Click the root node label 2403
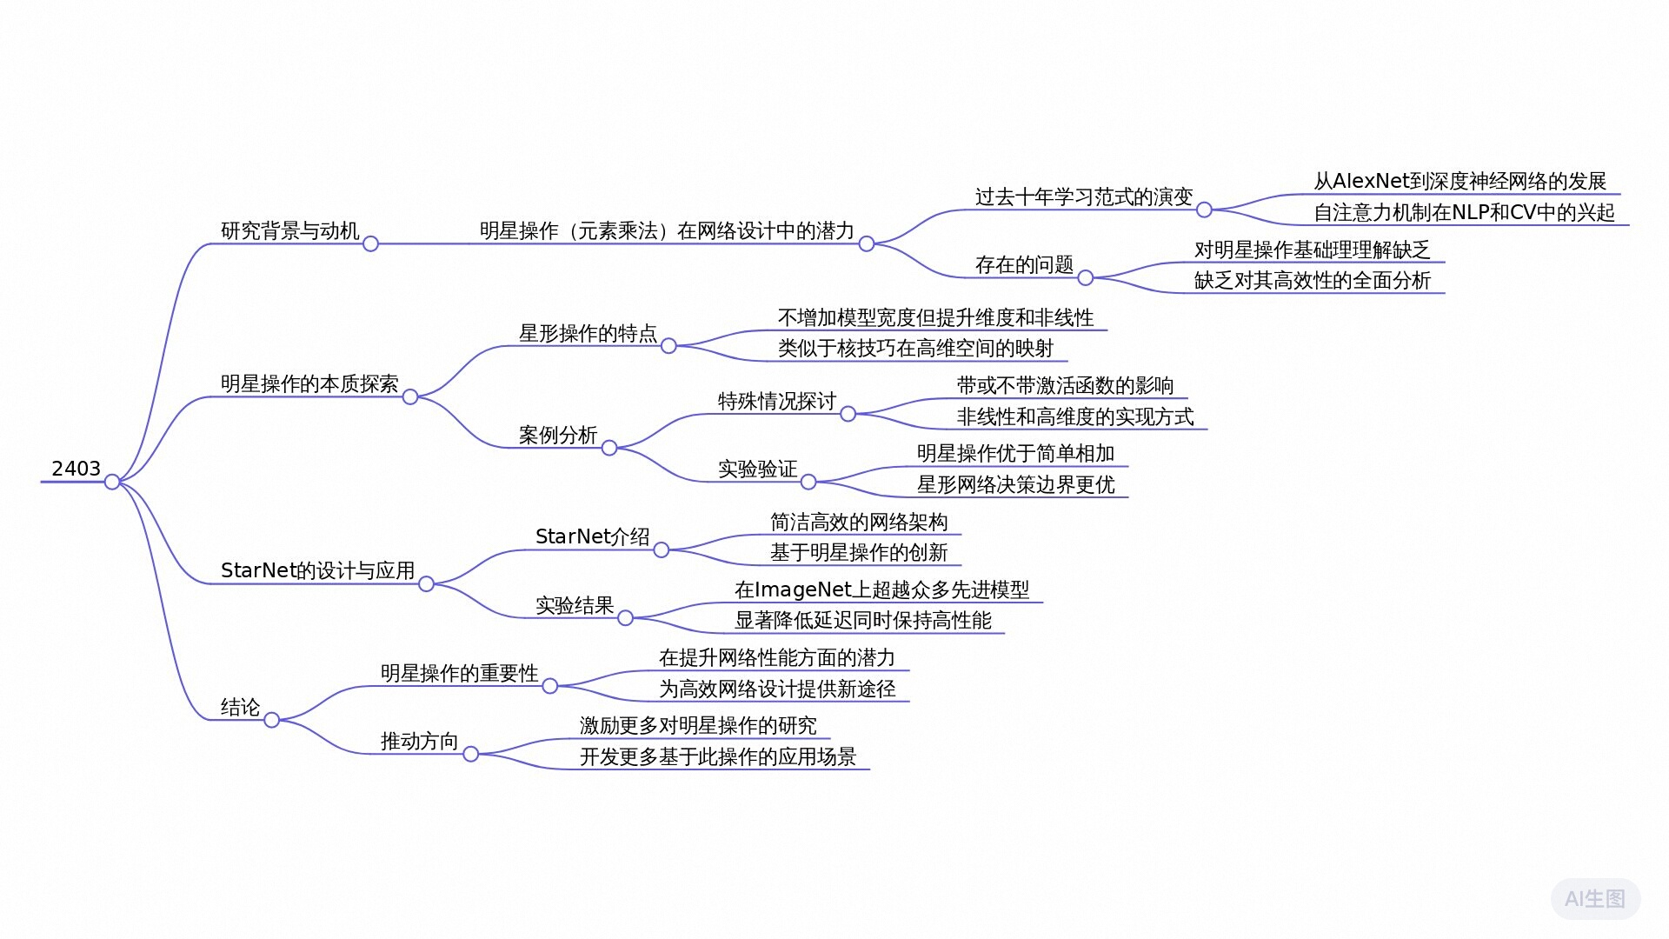(76, 469)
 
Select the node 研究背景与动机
(289, 230)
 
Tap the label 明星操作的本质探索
(309, 383)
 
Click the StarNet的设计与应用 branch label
(317, 570)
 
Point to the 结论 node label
(240, 707)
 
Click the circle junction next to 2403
(112, 482)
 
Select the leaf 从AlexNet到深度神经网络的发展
(1460, 181)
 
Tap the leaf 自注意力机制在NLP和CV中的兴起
(1464, 212)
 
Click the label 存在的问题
(1024, 264)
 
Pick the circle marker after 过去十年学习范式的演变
(1204, 210)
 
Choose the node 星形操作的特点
(588, 333)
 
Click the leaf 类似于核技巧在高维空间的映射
(915, 349)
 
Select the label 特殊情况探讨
(776, 401)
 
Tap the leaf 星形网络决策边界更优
(1015, 484)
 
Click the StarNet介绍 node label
(592, 536)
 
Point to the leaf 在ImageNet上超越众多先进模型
(881, 589)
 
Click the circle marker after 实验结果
(625, 618)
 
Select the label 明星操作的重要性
(459, 673)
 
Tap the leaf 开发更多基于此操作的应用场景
(717, 756)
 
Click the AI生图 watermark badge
(1595, 899)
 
